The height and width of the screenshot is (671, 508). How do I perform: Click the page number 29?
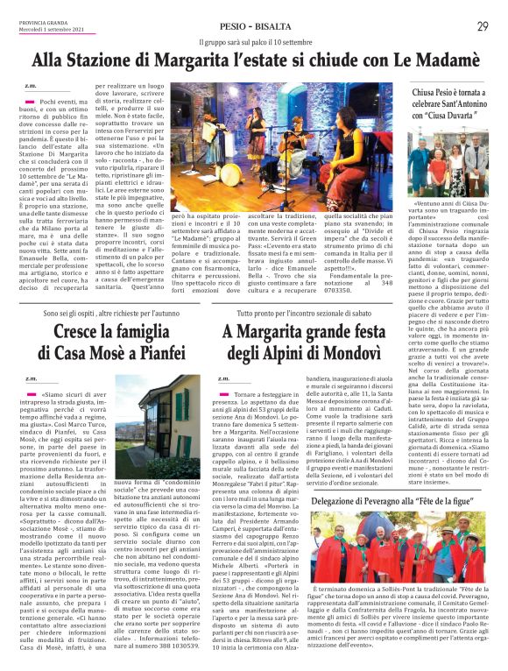[x=483, y=26]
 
